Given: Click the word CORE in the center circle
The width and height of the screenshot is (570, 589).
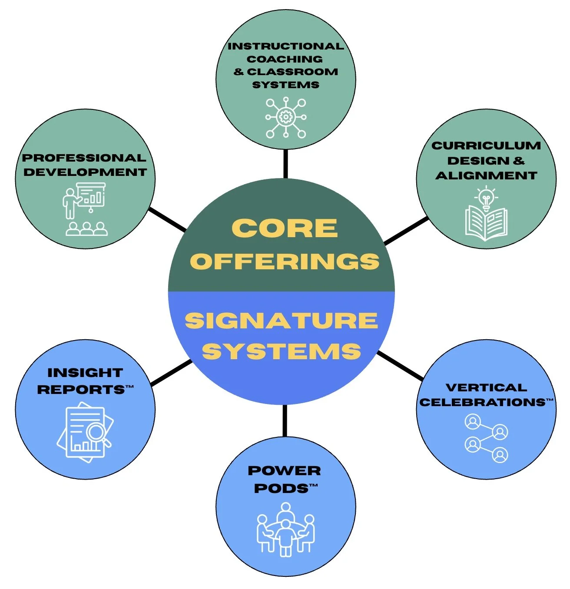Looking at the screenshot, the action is pos(285,228).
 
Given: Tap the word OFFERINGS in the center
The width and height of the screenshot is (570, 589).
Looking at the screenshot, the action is pos(285,261).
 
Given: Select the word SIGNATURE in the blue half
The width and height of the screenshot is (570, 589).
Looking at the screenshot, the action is pos(281,321).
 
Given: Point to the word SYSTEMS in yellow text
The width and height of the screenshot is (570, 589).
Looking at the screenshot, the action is pos(282,351).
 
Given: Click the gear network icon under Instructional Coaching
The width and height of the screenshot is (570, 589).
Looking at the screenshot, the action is pos(285,117).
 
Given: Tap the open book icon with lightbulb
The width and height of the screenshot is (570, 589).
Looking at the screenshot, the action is pos(486,214).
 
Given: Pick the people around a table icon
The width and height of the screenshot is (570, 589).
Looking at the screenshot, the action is pos(285,529).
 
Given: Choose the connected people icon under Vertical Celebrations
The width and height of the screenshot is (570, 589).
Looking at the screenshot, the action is pos(486,438).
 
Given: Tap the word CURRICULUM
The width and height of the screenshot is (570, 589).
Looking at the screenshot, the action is pos(486,146).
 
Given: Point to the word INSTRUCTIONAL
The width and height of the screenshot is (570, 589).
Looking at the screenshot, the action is pos(285,46).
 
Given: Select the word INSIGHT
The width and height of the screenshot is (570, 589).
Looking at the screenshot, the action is pos(85,373).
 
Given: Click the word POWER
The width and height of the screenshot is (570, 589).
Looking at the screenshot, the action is pos(285,471).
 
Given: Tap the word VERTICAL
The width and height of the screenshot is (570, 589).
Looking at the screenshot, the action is pos(486,387).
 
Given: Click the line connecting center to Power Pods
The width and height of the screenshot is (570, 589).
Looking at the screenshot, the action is pos(285,420).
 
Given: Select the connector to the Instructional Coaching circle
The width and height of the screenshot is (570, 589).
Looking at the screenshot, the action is pos(285,164).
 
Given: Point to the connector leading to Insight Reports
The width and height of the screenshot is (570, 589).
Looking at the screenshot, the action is pos(171,373).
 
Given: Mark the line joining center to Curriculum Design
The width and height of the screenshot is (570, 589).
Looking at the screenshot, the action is pos(406,231).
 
